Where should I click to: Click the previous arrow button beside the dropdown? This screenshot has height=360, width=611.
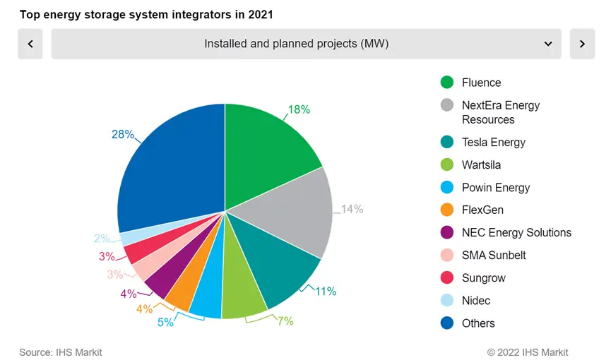[30, 44]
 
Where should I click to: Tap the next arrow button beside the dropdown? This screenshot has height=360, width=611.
[582, 44]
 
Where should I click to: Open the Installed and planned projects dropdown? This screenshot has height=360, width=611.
[306, 44]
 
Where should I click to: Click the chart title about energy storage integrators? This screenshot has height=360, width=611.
[146, 14]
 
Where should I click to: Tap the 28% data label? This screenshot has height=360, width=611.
[122, 134]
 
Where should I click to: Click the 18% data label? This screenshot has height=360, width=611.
[299, 109]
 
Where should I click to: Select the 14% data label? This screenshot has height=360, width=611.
[352, 209]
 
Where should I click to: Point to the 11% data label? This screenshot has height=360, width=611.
[326, 291]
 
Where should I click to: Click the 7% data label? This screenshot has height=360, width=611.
[285, 321]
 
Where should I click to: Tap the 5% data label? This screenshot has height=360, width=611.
[165, 323]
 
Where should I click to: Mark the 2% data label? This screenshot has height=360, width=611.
[102, 239]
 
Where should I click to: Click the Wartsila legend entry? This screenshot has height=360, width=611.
[482, 164]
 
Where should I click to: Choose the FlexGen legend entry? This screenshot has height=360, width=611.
[482, 210]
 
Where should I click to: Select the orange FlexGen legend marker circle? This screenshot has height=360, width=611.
[446, 210]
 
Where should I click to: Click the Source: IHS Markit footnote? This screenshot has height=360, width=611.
[61, 352]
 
